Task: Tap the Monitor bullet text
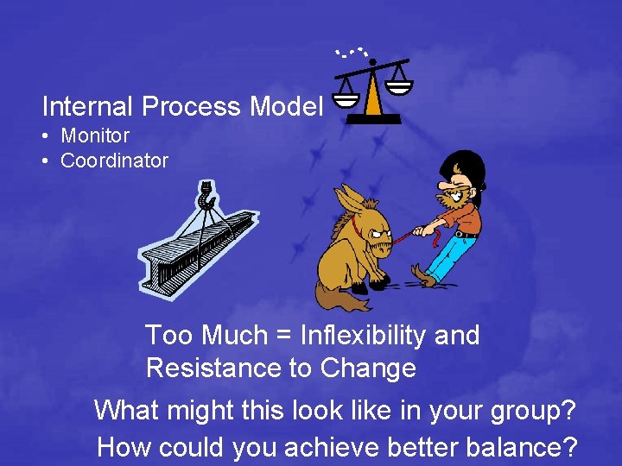(94, 135)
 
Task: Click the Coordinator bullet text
(114, 161)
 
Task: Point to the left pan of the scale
(345, 98)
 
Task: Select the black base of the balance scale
(372, 119)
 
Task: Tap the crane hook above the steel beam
(206, 197)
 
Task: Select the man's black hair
(461, 165)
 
